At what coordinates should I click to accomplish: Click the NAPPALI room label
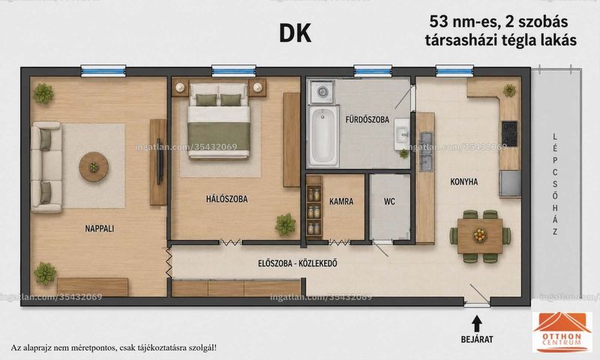click(100, 229)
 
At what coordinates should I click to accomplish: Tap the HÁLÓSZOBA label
click(227, 199)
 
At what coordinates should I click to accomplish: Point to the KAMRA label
click(341, 201)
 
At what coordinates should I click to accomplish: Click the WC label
click(389, 201)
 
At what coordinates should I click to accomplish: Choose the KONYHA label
click(464, 181)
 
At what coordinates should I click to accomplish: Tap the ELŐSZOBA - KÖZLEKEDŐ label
click(297, 263)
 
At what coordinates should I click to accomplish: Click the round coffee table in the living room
click(94, 166)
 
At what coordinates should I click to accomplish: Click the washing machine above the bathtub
click(322, 91)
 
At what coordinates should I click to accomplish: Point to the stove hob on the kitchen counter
click(510, 134)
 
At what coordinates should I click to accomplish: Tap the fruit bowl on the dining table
click(480, 235)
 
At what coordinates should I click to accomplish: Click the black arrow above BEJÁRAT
click(476, 324)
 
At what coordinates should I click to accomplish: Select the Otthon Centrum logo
click(562, 332)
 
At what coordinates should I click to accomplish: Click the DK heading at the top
click(295, 34)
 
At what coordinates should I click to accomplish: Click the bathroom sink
click(402, 134)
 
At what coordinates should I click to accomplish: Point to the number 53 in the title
click(439, 22)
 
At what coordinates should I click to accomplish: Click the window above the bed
click(233, 70)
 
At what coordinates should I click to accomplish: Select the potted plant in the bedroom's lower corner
click(286, 224)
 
